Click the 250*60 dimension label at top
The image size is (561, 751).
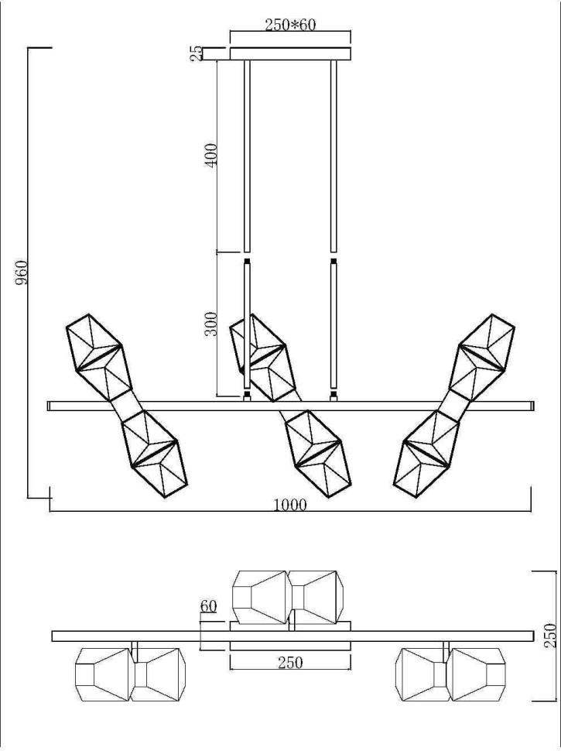point(290,24)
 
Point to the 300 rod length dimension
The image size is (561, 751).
point(210,324)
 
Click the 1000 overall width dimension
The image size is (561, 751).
point(290,506)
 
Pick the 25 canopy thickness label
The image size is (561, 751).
point(197,53)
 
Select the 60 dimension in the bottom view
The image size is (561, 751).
point(207,607)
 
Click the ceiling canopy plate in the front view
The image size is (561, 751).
point(290,53)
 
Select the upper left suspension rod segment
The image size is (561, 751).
point(248,155)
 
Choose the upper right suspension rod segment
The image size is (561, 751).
point(334,155)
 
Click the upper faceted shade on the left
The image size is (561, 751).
point(97,355)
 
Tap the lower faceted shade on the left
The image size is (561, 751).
point(155,454)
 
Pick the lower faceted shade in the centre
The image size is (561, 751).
point(317,453)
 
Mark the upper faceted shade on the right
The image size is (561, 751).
point(483,355)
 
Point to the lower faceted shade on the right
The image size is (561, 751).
point(426,454)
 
